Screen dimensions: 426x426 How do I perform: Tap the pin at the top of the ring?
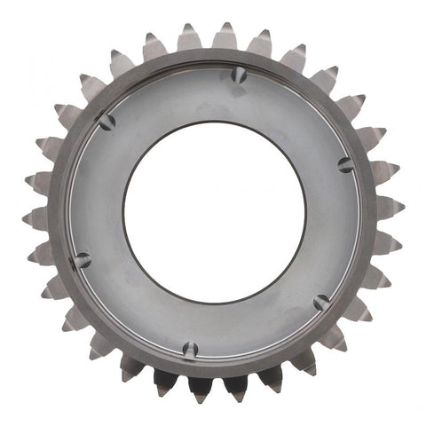coord(238,76)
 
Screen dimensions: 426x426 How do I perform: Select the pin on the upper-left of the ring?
coord(106,122)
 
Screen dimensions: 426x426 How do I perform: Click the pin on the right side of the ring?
coord(345,164)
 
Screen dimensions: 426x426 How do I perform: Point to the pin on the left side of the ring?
coord(82,260)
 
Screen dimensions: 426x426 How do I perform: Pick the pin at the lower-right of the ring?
coord(321,303)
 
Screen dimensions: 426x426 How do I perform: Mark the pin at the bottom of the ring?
coord(189,350)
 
